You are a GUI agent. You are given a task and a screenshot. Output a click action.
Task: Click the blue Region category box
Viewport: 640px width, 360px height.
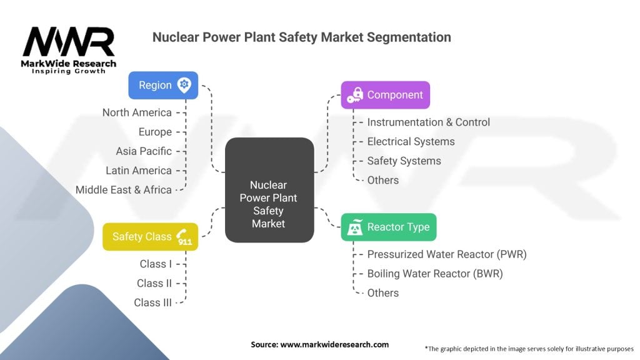pyautogui.click(x=163, y=85)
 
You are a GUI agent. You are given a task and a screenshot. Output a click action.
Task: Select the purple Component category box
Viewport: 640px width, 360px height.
pyautogui.click(x=385, y=95)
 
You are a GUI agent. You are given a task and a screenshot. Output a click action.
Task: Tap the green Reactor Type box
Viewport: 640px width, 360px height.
pyautogui.click(x=388, y=227)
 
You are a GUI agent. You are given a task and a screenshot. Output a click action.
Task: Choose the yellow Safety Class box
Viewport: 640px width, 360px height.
pyautogui.click(x=150, y=237)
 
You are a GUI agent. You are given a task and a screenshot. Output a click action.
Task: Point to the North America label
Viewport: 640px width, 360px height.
pyautogui.click(x=137, y=112)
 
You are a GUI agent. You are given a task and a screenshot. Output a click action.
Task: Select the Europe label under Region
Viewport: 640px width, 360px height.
pyautogui.click(x=155, y=132)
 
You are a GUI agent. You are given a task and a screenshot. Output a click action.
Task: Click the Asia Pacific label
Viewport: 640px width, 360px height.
pyautogui.click(x=144, y=151)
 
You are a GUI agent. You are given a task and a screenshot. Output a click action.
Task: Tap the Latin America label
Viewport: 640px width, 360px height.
pyautogui.click(x=139, y=171)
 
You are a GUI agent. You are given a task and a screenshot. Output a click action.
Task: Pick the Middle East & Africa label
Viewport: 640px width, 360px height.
pyautogui.click(x=124, y=189)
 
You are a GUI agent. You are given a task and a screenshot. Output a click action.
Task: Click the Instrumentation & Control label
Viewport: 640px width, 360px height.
pyautogui.click(x=428, y=122)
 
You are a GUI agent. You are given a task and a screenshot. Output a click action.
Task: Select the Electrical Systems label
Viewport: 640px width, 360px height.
pyautogui.click(x=411, y=142)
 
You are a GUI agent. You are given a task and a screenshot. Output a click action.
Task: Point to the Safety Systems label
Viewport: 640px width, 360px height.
pyautogui.click(x=404, y=161)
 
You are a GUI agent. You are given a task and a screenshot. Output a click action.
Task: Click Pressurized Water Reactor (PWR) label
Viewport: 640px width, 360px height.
pyautogui.click(x=447, y=254)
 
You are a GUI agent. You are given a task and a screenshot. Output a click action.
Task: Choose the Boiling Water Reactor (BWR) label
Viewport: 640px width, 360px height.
pyautogui.click(x=435, y=273)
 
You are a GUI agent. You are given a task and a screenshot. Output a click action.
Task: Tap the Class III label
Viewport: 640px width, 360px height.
pyautogui.click(x=153, y=302)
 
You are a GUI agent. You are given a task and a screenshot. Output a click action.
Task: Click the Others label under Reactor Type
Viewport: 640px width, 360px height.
pyautogui.click(x=382, y=292)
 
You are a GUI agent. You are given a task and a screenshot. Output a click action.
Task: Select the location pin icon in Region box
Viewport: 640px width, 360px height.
pyautogui.click(x=184, y=85)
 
